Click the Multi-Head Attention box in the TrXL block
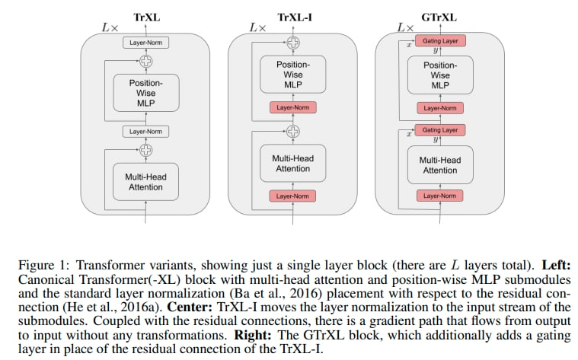[x=145, y=182]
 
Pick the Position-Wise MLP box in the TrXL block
[x=145, y=92]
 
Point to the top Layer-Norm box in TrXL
[x=145, y=43]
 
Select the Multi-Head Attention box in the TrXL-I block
[x=293, y=164]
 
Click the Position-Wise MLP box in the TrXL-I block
[x=293, y=75]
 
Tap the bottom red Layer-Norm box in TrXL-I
[x=293, y=196]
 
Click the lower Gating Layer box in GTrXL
[x=439, y=130]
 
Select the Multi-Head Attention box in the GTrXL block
[x=439, y=164]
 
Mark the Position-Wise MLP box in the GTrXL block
[x=439, y=75]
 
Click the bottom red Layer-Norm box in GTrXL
[x=439, y=196]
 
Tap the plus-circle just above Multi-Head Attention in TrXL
[x=145, y=150]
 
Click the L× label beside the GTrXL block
[x=404, y=27]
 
